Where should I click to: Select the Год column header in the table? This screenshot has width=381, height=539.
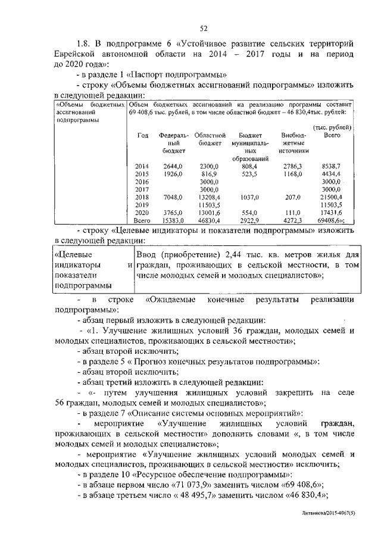click(143, 136)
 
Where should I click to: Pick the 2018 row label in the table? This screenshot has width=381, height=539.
click(142, 197)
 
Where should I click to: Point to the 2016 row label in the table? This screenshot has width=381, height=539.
click(142, 181)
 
